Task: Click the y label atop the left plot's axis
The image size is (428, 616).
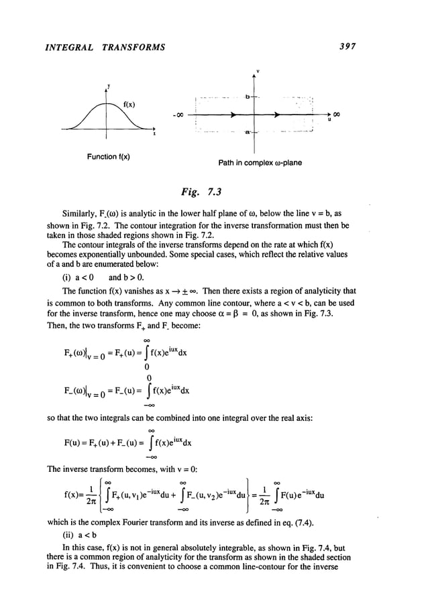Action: pyautogui.click(x=109, y=86)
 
